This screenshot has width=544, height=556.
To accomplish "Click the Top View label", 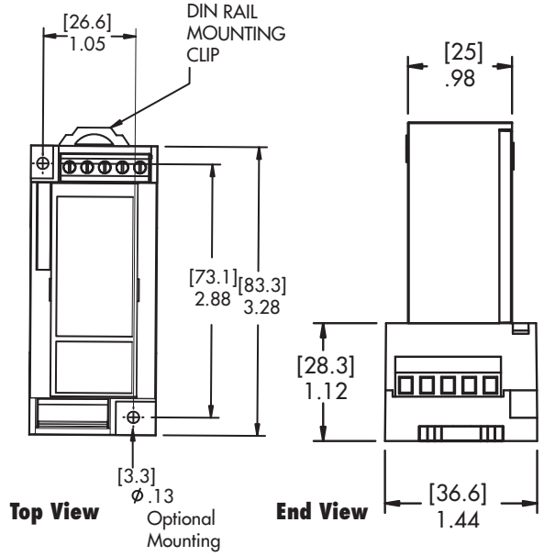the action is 54,512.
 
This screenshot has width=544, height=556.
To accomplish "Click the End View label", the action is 322,511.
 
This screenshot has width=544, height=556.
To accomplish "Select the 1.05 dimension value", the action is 87,44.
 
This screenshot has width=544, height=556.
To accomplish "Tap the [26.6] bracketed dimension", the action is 87,23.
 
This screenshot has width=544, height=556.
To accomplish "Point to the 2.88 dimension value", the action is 213,298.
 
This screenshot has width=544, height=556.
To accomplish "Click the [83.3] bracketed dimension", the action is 261,285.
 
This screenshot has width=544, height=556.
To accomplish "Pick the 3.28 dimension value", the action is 261,307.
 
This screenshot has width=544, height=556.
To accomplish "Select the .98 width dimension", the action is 460,79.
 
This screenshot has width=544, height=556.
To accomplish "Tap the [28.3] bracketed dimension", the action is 326,365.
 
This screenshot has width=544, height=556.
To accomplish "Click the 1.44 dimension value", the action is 458,520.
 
